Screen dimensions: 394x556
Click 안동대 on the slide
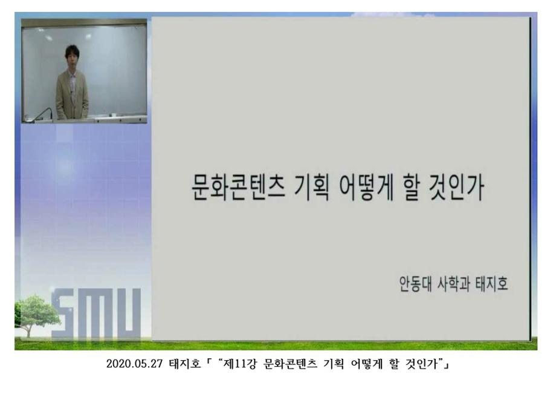tap(411, 284)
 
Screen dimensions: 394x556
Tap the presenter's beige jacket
tap(72, 94)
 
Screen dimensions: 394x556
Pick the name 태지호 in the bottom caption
tap(184, 365)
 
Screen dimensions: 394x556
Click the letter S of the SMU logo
tap(65, 315)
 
